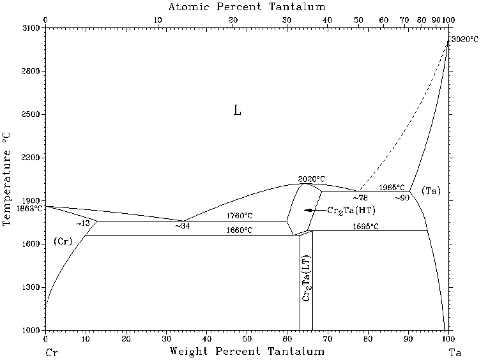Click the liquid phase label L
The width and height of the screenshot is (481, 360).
click(237, 111)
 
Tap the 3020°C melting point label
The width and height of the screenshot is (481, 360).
click(464, 40)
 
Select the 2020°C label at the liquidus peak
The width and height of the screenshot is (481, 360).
click(312, 179)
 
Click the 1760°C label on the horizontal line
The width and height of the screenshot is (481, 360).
click(240, 216)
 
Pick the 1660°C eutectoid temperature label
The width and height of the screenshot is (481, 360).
click(240, 230)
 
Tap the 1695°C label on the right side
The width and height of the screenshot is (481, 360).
click(366, 226)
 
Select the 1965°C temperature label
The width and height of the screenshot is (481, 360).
click(392, 188)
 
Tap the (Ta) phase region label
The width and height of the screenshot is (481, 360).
click(431, 191)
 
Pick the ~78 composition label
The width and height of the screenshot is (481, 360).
click(360, 198)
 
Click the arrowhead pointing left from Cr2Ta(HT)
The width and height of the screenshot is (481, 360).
click(309, 210)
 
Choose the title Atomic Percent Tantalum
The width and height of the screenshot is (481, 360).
click(247, 7)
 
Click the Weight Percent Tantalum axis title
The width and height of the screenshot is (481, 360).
click(247, 352)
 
